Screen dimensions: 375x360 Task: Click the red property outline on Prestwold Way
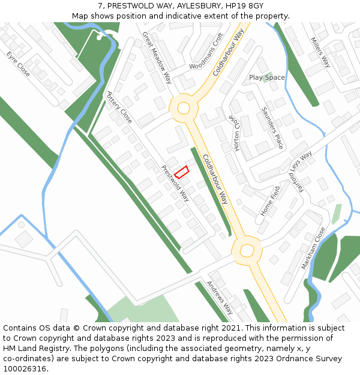(x=182, y=172)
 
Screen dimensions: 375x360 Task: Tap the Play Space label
(x=267, y=77)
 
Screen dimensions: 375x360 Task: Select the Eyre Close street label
(x=18, y=64)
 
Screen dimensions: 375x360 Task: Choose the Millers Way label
(x=320, y=52)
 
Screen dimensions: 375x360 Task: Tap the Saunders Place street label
(x=272, y=128)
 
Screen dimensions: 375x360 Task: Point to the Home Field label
(x=271, y=201)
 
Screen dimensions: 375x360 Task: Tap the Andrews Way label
(x=220, y=297)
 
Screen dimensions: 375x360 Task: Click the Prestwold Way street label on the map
(x=175, y=183)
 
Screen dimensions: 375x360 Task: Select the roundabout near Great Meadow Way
(x=184, y=109)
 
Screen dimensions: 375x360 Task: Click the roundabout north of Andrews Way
(x=247, y=250)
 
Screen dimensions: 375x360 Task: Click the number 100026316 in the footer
(x=24, y=369)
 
